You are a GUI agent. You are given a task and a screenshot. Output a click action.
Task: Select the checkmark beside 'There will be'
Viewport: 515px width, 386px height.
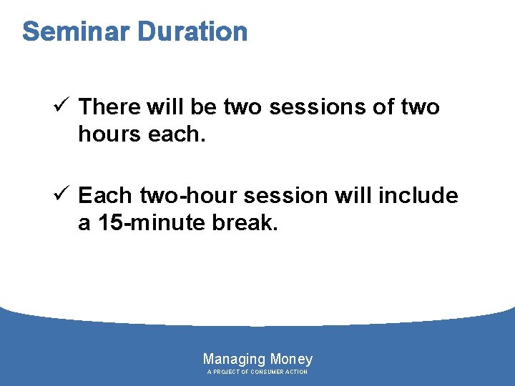coord(62,107)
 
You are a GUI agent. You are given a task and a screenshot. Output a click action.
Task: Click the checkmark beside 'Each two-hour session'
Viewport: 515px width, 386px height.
coord(62,195)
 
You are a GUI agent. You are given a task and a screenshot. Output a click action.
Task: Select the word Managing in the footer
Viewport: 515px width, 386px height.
coord(235,359)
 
